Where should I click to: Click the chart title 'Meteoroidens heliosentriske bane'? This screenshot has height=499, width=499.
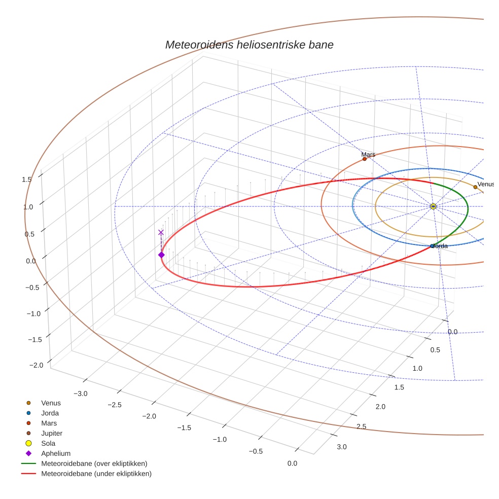pyautogui.click(x=249, y=45)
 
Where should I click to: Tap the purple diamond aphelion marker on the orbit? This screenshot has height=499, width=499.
pyautogui.click(x=161, y=255)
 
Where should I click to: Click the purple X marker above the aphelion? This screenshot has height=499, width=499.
pyautogui.click(x=161, y=232)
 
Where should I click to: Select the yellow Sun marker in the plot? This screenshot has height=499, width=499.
pyautogui.click(x=433, y=206)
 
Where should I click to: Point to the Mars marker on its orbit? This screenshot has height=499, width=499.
pyautogui.click(x=365, y=159)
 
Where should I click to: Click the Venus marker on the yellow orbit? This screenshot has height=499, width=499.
pyautogui.click(x=475, y=187)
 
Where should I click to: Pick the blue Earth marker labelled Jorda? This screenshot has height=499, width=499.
pyautogui.click(x=432, y=246)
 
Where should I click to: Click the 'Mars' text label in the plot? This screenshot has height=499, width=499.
pyautogui.click(x=368, y=154)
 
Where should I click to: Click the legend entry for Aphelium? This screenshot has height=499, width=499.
pyautogui.click(x=56, y=453)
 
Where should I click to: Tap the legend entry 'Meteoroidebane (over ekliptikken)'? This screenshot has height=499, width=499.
pyautogui.click(x=94, y=464)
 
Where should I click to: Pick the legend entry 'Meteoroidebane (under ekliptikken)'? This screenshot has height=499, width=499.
pyautogui.click(x=96, y=474)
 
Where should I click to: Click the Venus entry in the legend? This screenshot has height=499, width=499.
pyautogui.click(x=51, y=403)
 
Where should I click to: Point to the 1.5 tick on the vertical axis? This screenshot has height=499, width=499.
pyautogui.click(x=27, y=179)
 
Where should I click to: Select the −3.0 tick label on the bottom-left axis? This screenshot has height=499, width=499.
pyautogui.click(x=80, y=394)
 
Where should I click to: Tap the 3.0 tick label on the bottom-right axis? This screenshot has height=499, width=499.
pyautogui.click(x=342, y=447)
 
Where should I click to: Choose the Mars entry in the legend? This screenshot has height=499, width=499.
pyautogui.click(x=49, y=423)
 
